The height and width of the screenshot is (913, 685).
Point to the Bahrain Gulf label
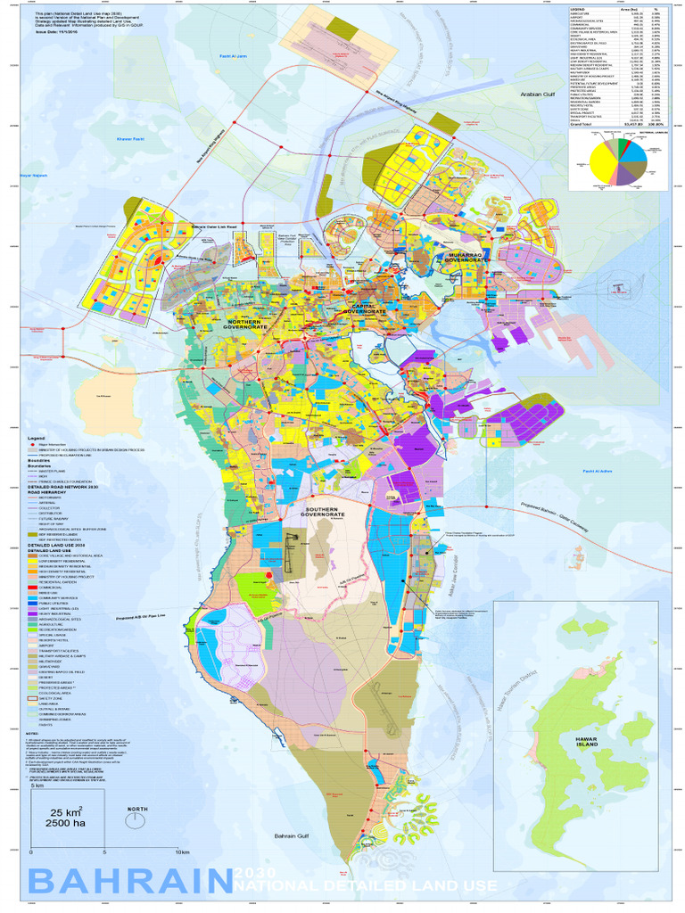(290, 835)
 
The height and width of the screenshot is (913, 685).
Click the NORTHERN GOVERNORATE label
(247, 324)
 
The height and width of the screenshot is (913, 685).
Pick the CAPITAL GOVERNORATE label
(366, 309)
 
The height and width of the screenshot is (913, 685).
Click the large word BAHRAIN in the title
(125, 883)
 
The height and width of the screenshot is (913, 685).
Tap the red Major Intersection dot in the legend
(32, 447)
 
